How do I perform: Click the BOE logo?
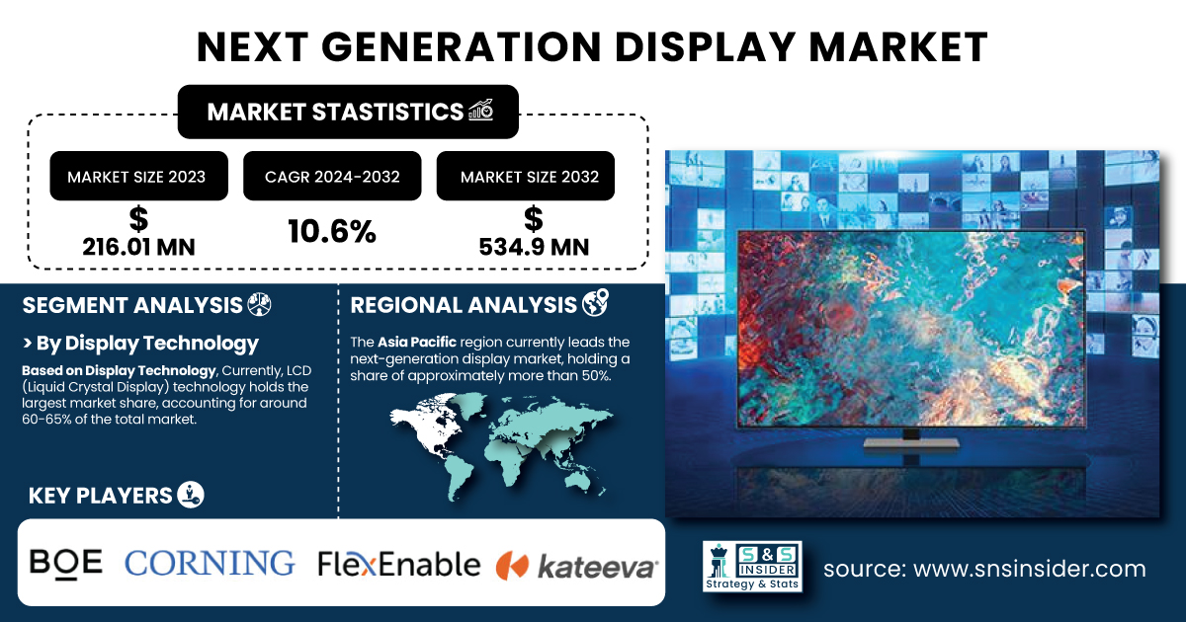(x=65, y=564)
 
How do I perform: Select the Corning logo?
(x=210, y=563)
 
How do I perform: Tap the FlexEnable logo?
(x=399, y=564)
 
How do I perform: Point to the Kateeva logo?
(x=577, y=566)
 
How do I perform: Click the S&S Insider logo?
(x=752, y=566)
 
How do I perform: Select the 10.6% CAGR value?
(x=332, y=232)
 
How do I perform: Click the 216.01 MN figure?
(x=138, y=247)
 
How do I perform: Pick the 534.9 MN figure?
(x=534, y=247)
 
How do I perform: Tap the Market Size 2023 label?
(x=136, y=177)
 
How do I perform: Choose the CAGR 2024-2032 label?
(x=332, y=177)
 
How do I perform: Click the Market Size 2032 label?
(x=530, y=177)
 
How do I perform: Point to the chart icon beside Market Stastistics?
(x=480, y=111)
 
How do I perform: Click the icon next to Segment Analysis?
(x=259, y=305)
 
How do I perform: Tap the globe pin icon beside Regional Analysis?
(x=596, y=303)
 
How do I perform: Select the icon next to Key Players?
(x=191, y=495)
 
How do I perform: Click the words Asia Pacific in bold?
(x=417, y=343)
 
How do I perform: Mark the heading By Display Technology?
(x=140, y=344)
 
